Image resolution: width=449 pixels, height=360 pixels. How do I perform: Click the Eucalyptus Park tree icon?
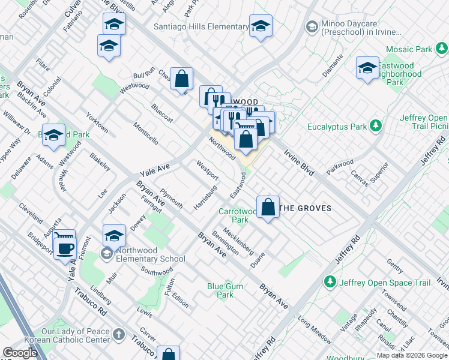click(376, 126)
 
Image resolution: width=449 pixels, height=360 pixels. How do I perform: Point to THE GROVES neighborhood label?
click(306, 208)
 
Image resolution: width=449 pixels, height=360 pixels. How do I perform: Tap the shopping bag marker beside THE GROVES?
click(268, 208)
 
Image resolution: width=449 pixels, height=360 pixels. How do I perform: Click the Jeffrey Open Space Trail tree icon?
click(329, 281)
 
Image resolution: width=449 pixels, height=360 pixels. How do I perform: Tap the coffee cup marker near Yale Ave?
click(65, 247)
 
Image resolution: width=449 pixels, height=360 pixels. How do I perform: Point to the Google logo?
click(20, 353)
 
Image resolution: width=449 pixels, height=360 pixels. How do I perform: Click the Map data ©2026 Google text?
click(412, 355)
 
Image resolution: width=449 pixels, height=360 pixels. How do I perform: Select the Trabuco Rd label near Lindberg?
click(91, 304)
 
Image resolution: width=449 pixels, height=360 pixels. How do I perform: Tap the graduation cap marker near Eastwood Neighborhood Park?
click(367, 68)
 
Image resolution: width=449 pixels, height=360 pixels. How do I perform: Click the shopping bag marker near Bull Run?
click(181, 79)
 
